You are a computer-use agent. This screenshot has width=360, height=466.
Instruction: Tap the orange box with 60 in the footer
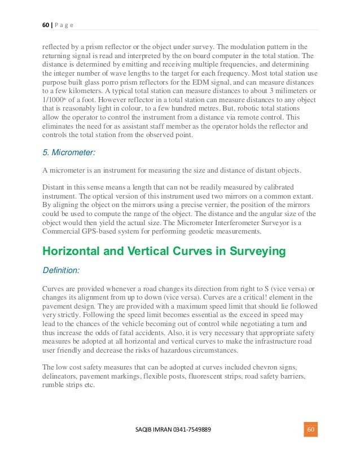pos(310,430)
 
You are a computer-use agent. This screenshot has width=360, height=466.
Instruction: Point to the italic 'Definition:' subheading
pos(62,270)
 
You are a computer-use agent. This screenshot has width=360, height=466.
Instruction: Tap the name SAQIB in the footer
pos(145,430)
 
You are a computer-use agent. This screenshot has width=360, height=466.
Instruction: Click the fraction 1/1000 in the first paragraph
pos(55,100)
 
